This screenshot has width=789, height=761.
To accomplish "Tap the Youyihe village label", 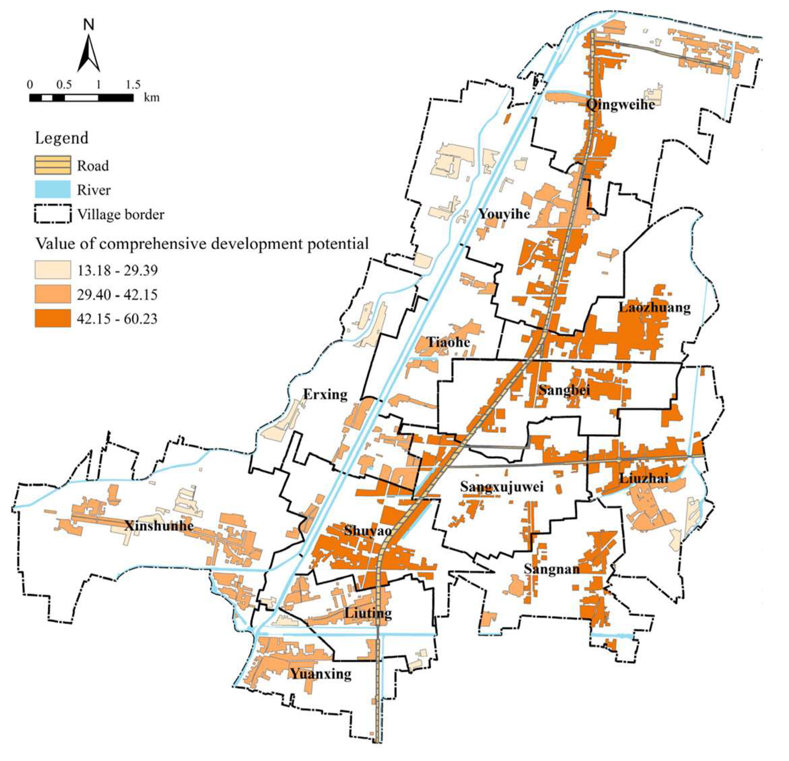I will tap(504, 214).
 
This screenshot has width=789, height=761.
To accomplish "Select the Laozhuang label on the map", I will tap(654, 308).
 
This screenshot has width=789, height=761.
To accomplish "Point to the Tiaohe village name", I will tap(449, 343).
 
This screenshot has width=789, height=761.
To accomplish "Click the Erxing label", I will tap(325, 395).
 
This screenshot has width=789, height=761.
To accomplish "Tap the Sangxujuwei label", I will tap(502, 487).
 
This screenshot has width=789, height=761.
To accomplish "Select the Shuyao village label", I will tap(368, 531).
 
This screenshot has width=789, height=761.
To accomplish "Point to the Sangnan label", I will tap(552, 569).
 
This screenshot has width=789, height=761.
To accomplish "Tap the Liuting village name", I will tap(368, 613).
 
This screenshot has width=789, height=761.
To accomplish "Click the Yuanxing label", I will tap(321, 674).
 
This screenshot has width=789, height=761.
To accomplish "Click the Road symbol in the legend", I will tap(52, 165).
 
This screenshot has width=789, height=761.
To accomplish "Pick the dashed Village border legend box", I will tap(52, 214).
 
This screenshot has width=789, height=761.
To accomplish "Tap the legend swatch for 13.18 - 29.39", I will tap(52, 270).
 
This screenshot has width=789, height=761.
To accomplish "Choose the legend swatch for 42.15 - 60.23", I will tap(52, 318).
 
